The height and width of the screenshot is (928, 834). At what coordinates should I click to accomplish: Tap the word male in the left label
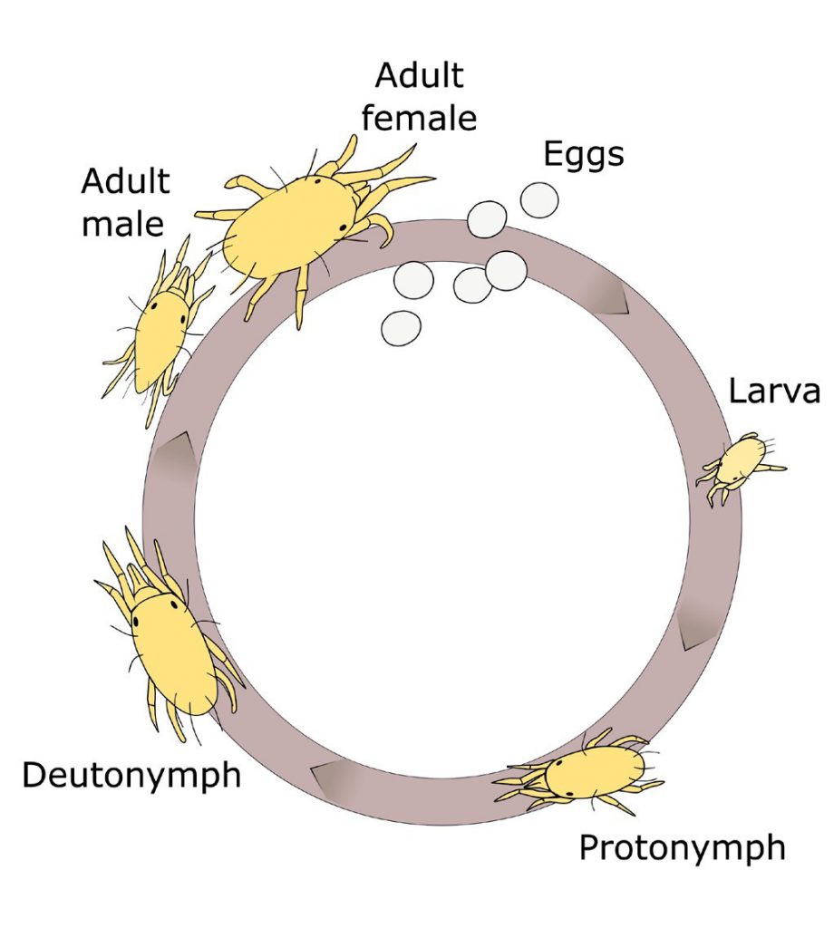click(122, 224)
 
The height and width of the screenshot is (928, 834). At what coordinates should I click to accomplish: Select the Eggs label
click(584, 155)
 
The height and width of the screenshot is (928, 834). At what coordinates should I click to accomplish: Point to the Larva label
click(774, 391)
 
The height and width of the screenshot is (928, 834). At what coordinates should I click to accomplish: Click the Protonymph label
click(682, 848)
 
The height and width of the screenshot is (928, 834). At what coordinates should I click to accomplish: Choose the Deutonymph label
click(131, 776)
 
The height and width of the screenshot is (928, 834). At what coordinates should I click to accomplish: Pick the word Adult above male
click(125, 180)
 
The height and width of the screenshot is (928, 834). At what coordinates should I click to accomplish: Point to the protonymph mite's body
click(595, 770)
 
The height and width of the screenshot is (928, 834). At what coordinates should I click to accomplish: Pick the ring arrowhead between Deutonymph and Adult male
click(175, 458)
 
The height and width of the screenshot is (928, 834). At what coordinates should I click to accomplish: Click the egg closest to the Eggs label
click(539, 200)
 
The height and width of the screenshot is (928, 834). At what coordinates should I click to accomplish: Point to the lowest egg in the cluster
click(402, 328)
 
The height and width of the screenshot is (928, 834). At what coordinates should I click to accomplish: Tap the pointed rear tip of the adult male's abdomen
click(140, 391)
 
